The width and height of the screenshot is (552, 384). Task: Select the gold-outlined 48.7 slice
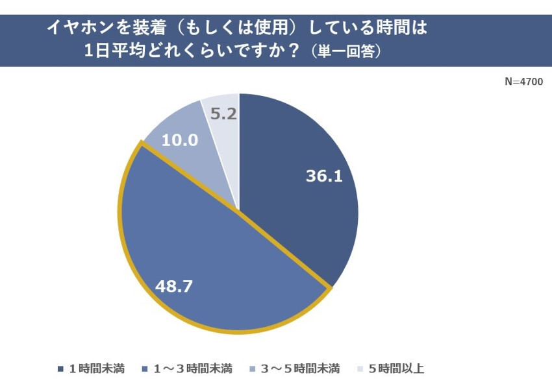pos(214,272)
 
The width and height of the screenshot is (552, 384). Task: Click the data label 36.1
pos(324,176)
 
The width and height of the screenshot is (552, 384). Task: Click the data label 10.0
pos(179,139)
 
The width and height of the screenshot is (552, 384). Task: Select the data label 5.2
pos(223,114)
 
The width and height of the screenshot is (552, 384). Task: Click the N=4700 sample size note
pos(523,82)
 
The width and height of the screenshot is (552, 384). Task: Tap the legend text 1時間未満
pos(98,369)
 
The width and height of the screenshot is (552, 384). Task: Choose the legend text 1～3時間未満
pos(192,369)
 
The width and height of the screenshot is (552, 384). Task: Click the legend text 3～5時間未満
pos(300,369)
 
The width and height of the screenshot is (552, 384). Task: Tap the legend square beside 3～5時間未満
pos(251,369)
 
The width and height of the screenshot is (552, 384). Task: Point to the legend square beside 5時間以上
pos(359,369)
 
